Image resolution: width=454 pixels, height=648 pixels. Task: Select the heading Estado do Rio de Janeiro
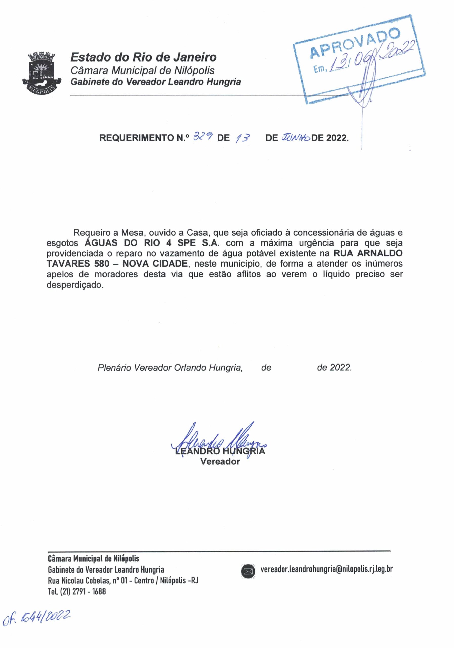(143, 57)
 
